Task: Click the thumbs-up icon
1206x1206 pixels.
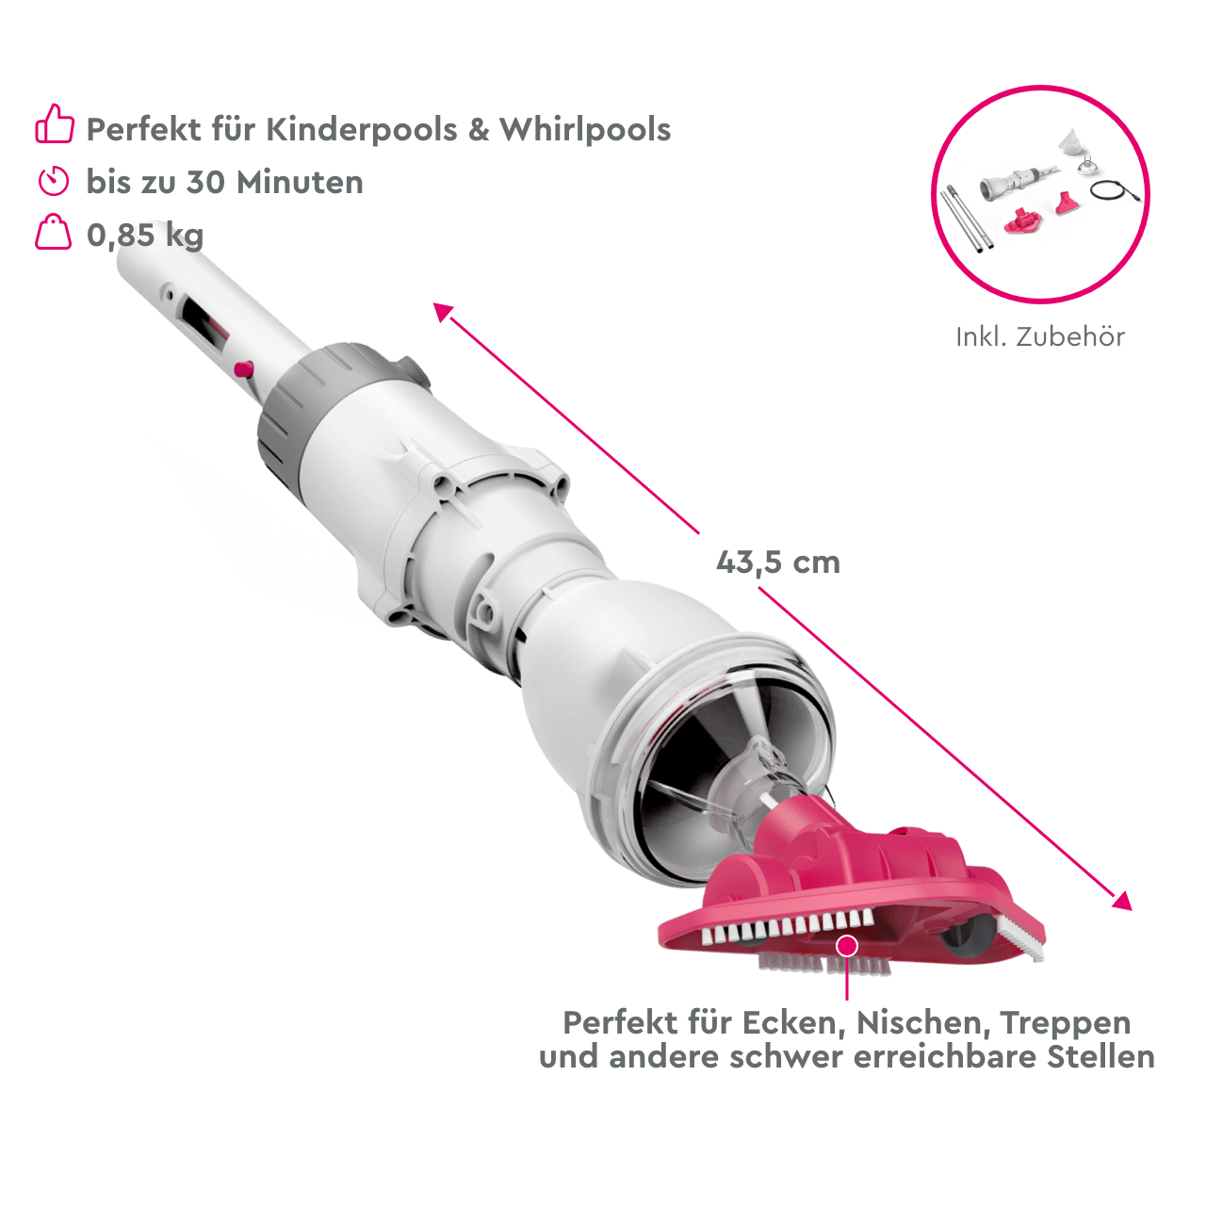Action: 55,124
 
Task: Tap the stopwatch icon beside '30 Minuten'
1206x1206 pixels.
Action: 54,180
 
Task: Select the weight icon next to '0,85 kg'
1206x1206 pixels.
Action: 54,233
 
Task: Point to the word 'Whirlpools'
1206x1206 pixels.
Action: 585,129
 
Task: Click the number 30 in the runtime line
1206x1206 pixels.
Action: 205,182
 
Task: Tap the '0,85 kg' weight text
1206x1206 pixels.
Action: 145,235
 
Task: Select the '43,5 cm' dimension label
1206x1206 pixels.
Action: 777,562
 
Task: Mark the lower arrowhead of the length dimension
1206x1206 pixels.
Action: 1122,902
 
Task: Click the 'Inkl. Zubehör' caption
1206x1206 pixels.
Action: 1040,336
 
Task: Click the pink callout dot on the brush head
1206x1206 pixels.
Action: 847,945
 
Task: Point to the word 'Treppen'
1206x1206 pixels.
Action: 1065,1022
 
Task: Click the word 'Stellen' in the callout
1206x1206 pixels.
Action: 1102,1057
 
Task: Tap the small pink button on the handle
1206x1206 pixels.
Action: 243,368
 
